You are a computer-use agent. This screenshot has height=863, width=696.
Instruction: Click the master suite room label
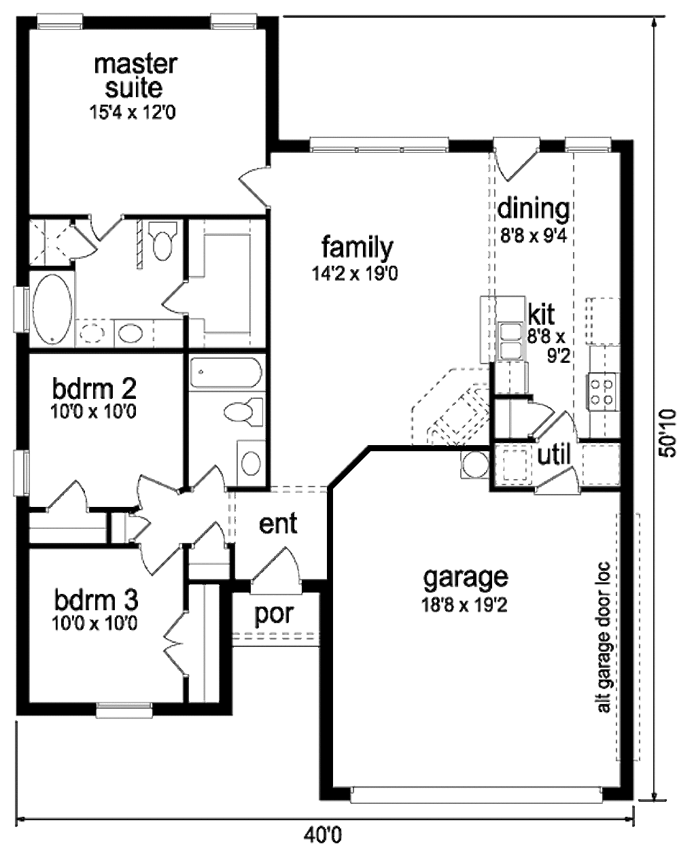135,76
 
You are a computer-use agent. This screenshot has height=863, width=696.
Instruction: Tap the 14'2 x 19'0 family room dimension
355,274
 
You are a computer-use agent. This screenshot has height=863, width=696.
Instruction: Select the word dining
533,209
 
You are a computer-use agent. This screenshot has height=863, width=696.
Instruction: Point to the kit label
541,315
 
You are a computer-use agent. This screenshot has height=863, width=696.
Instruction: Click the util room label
553,455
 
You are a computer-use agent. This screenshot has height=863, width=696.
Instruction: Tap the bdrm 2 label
94,388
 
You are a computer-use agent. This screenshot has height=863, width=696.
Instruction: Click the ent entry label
278,523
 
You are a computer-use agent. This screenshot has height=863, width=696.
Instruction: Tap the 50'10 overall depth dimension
667,433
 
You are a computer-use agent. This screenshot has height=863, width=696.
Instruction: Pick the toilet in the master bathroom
162,241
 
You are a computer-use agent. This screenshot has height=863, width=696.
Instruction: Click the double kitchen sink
510,340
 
